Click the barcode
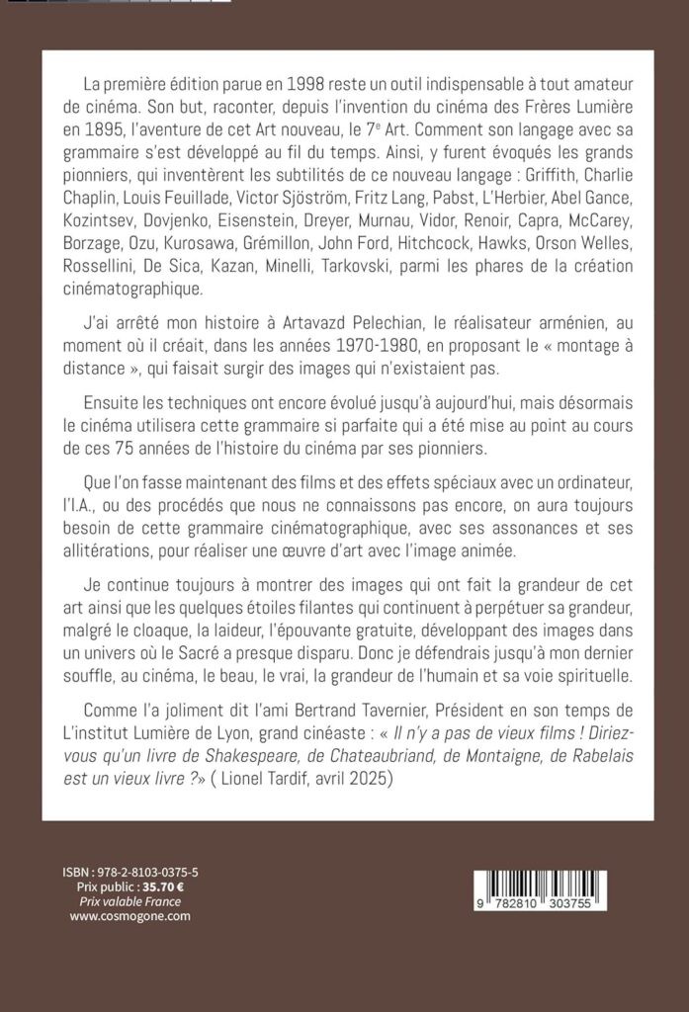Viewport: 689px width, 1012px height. click(x=538, y=890)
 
